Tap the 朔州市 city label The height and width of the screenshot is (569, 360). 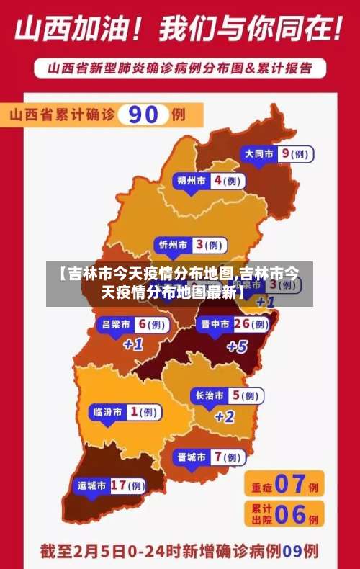click(192, 181)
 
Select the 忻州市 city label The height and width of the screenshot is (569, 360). click(173, 246)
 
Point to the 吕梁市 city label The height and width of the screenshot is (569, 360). click(116, 325)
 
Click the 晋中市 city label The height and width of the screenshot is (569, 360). click(215, 325)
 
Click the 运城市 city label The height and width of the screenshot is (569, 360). click(92, 485)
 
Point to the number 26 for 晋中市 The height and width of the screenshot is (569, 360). click(242, 324)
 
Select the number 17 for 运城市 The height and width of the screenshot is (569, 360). click(119, 485)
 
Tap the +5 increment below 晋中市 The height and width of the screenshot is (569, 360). click(236, 346)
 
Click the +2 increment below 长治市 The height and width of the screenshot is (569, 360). click(225, 416)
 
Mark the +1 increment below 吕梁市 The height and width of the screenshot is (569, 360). click(133, 344)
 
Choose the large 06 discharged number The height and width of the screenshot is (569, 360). click(290, 514)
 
